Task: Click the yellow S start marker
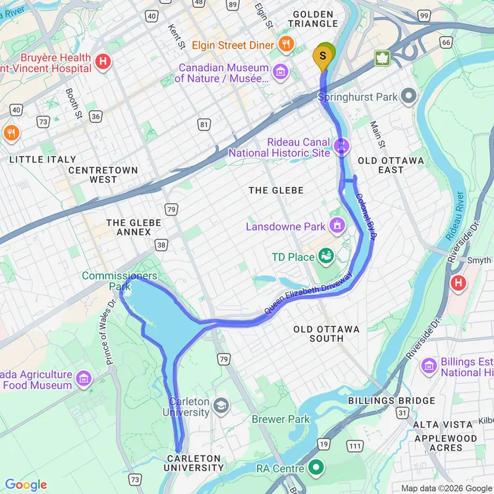click(x=323, y=57)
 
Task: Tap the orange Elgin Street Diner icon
click(x=285, y=45)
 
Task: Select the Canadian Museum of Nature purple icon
click(x=281, y=71)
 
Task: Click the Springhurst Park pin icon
click(x=408, y=97)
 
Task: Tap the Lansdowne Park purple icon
click(x=337, y=226)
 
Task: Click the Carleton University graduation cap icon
click(x=221, y=404)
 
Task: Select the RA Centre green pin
click(x=317, y=468)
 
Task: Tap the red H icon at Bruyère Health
click(x=103, y=63)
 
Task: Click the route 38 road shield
click(x=161, y=244)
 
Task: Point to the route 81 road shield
click(x=204, y=123)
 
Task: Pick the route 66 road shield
click(x=446, y=43)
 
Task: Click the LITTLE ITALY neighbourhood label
click(x=43, y=159)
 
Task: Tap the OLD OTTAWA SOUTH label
click(x=327, y=333)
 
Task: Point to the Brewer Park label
click(x=281, y=419)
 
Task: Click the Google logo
click(x=26, y=485)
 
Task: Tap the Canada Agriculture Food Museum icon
click(x=84, y=378)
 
